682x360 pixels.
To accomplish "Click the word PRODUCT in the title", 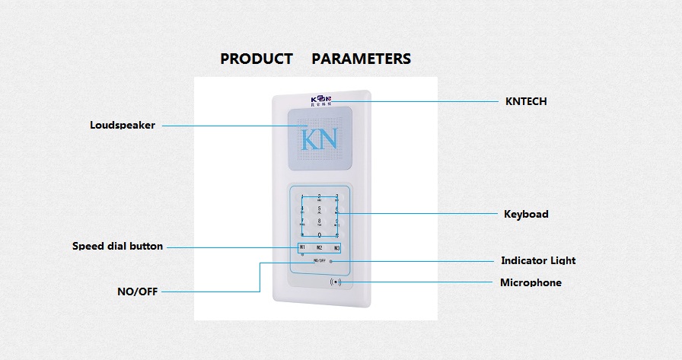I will [x=257, y=59].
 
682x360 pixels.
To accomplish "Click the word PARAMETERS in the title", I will [x=361, y=59].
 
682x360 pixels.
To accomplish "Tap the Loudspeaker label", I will [x=123, y=125].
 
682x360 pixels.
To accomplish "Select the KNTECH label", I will [x=526, y=101].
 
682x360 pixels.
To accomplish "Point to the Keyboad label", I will [x=526, y=214].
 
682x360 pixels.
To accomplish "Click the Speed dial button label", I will [x=117, y=246].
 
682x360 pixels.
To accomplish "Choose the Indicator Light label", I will [x=537, y=260].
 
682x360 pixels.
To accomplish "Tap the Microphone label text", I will [x=531, y=282].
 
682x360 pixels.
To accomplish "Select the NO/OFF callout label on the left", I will [x=137, y=291].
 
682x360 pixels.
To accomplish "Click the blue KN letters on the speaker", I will [x=319, y=140].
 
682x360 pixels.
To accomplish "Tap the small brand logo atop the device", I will [x=320, y=100].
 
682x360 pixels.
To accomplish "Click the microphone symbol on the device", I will [x=336, y=282].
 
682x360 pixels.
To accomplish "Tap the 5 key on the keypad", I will [x=319, y=208].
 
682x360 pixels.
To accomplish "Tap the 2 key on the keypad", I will [x=319, y=196].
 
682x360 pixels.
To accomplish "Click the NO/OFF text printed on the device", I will [x=319, y=260].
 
